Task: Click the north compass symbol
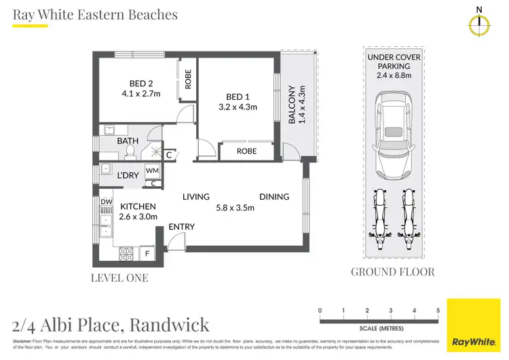click(480, 23)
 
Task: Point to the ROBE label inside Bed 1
click(246, 151)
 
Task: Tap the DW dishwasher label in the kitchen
click(106, 202)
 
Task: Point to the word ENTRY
click(182, 227)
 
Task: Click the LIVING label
click(196, 197)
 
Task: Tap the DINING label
click(274, 197)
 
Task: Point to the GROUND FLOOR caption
click(393, 272)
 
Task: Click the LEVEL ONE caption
click(119, 278)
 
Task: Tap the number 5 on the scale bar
click(438, 311)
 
